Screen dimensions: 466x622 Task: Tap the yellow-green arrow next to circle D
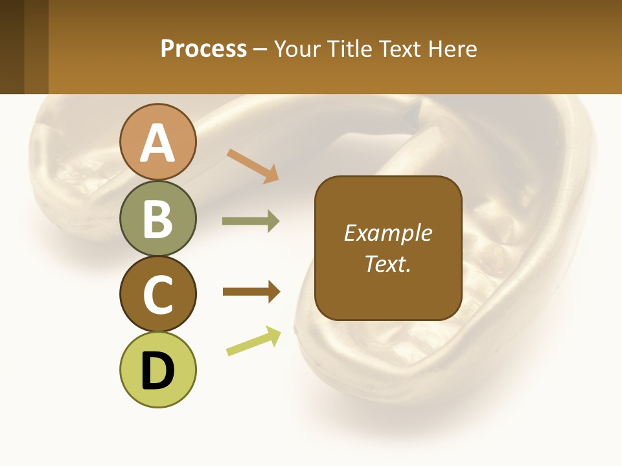pyautogui.click(x=253, y=341)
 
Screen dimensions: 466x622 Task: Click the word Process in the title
pyautogui.click(x=203, y=49)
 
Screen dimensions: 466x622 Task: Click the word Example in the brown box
pyautogui.click(x=387, y=233)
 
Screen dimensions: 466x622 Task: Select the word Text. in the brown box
pyautogui.click(x=387, y=263)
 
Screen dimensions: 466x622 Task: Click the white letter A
pyautogui.click(x=158, y=143)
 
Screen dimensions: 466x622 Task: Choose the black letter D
pyautogui.click(x=158, y=371)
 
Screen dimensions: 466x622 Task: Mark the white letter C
pyautogui.click(x=158, y=295)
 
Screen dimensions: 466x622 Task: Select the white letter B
pyautogui.click(x=158, y=219)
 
